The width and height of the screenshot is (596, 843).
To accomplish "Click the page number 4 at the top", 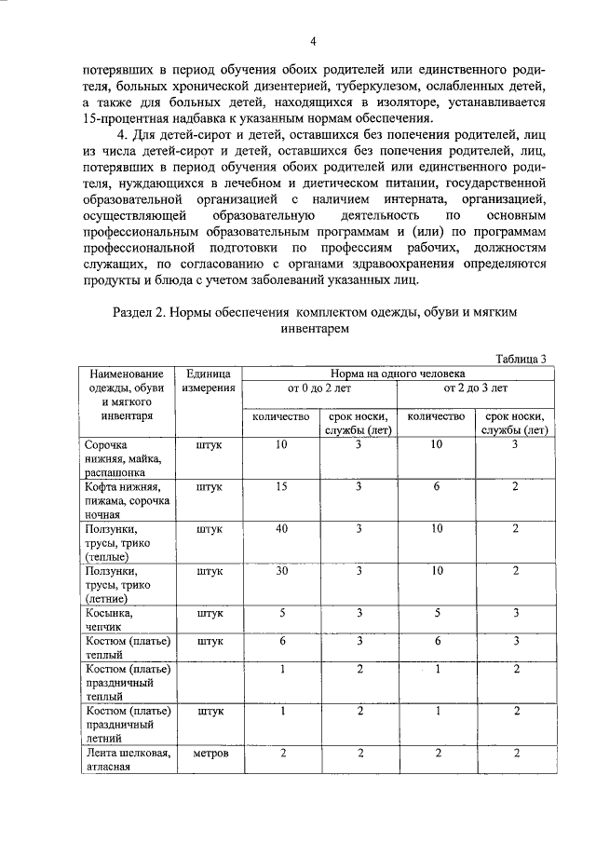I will (x=313, y=42).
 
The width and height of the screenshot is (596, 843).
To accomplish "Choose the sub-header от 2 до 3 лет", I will (x=475, y=388).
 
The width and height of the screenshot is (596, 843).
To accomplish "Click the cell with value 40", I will (x=282, y=529).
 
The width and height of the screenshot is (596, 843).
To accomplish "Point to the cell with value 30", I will (x=282, y=570).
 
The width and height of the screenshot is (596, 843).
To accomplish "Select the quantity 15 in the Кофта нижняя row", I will (x=282, y=487).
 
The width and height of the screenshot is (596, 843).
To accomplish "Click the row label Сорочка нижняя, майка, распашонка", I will (x=127, y=458).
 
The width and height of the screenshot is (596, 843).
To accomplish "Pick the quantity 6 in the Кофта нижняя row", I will (x=436, y=487).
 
